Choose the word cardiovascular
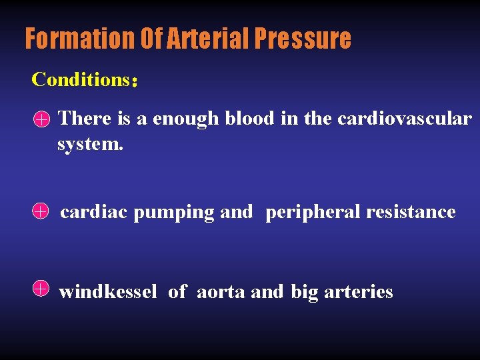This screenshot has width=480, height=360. (405, 119)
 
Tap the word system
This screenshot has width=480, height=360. (90, 143)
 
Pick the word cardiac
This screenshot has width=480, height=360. (94, 212)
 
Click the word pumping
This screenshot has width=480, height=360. (174, 213)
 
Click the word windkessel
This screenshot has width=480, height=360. (108, 291)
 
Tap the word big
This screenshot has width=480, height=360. (305, 293)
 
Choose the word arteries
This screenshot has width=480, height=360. (359, 292)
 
